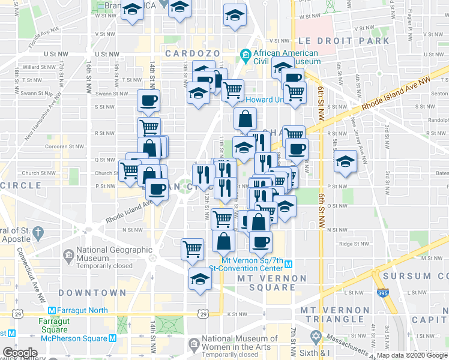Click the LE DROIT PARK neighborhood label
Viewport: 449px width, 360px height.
point(343,41)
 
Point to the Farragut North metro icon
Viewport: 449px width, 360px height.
point(52,310)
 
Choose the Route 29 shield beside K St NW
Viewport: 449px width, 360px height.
point(203,314)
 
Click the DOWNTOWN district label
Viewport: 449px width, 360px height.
point(92,293)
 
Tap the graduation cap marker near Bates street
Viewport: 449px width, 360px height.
point(345,161)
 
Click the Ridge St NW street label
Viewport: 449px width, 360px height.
point(352,244)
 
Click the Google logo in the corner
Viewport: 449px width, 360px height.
point(20,353)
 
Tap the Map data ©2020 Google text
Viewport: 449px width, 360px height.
point(411,355)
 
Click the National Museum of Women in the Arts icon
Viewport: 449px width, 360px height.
point(194,344)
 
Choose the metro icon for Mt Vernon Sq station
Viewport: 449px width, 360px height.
point(288,265)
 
